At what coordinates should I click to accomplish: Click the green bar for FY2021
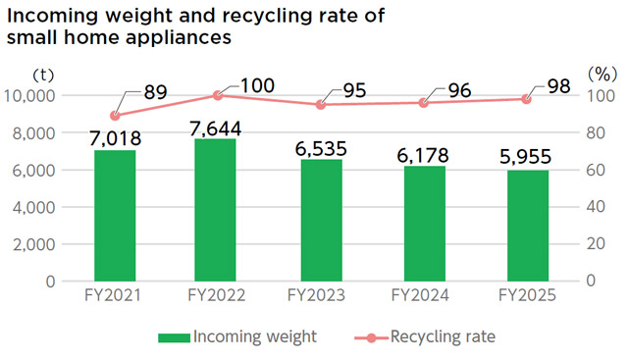[115, 215]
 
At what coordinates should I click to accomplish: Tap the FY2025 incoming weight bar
[527, 225]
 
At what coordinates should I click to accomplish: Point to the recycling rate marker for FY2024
[425, 103]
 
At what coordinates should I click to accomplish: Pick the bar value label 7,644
[215, 128]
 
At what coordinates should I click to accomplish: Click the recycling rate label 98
[559, 87]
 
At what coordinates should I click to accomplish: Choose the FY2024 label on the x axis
[424, 295]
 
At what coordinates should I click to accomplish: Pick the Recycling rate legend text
[443, 336]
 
